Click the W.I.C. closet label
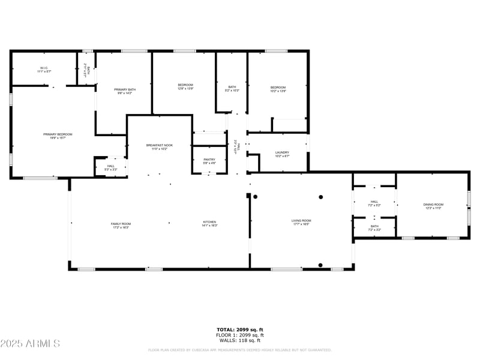coord(44,70)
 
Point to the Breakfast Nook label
coord(160,146)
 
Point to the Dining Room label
coord(433,206)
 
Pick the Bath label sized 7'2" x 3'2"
coord(374,228)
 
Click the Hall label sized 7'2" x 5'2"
coord(374,203)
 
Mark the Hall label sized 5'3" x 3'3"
coord(111,167)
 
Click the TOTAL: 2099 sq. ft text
coord(240,329)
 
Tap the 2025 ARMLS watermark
coord(30,344)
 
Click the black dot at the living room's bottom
coord(320,265)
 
